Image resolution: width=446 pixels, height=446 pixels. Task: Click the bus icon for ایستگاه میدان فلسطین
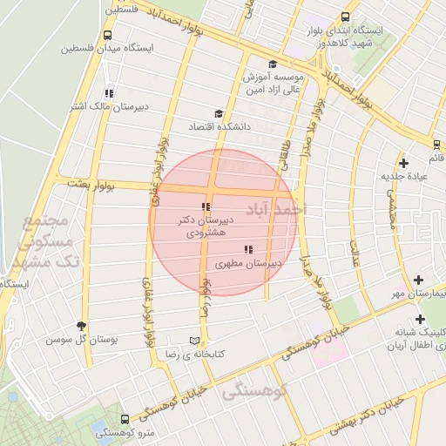[106, 36]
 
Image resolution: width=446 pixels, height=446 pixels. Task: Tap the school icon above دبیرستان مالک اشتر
[108, 93]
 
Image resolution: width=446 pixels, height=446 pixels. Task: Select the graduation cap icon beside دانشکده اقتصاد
[218, 113]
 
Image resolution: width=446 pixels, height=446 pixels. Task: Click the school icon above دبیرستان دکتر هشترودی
[206, 206]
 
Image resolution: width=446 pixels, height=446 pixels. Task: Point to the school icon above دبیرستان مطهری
[248, 249]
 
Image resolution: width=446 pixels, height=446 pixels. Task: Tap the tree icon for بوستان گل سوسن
[83, 325]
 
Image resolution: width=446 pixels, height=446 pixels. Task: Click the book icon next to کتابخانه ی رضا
[193, 341]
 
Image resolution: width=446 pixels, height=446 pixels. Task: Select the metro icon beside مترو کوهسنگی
[125, 419]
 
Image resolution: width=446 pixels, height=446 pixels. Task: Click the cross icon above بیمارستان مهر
[419, 280]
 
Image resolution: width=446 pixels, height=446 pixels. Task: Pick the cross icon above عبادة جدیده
[403, 163]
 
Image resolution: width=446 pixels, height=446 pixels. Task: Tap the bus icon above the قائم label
[435, 144]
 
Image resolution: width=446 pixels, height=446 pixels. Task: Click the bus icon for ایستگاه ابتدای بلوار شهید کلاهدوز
[346, 17]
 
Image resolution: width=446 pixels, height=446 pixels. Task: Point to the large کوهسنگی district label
[254, 392]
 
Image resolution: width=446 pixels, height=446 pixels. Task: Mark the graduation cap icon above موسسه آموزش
[273, 64]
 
